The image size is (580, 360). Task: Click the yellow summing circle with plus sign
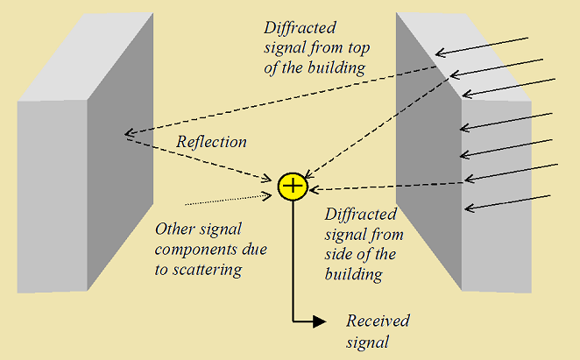(292, 186)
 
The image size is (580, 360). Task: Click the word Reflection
(211, 142)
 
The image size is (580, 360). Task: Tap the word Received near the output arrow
(378, 321)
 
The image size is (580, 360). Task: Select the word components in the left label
(193, 251)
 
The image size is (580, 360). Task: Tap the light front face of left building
(51, 193)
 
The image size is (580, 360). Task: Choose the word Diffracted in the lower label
(360, 215)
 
